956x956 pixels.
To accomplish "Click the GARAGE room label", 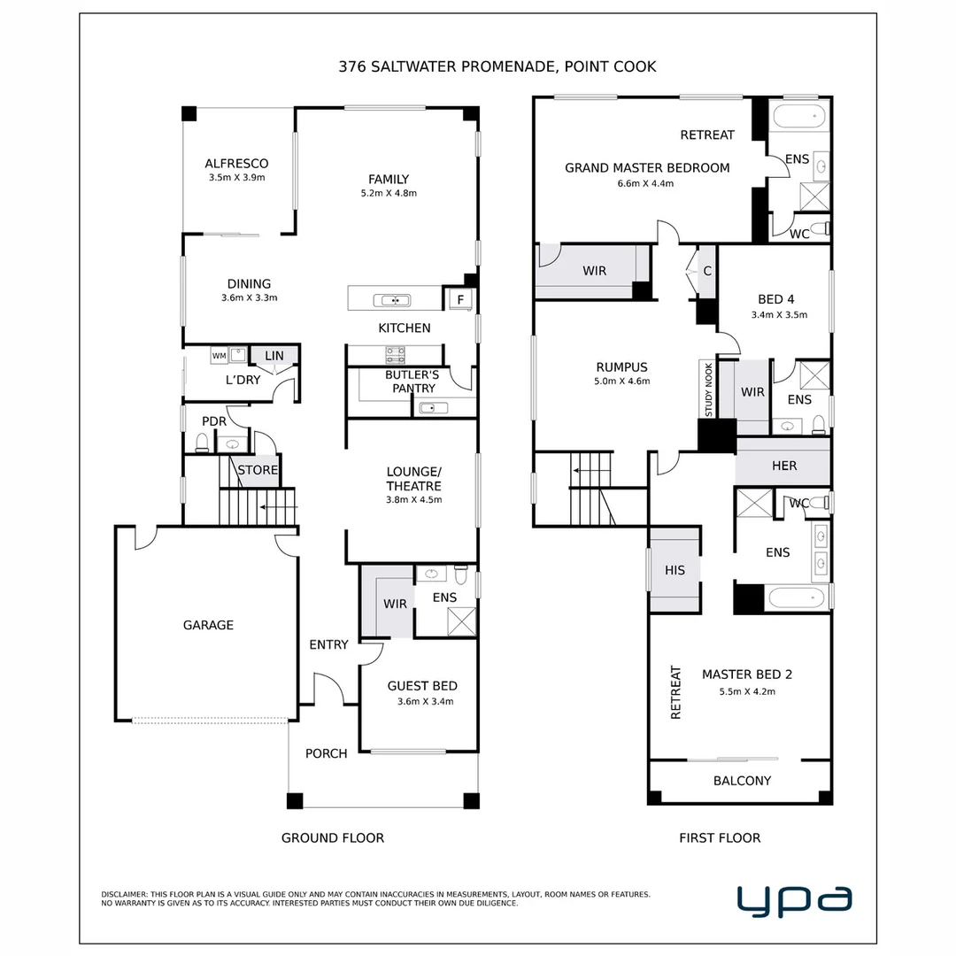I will [208, 625].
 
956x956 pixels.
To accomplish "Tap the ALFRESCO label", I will [236, 164].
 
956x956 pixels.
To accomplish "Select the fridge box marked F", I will [460, 300].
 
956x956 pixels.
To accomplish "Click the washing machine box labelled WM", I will [218, 356].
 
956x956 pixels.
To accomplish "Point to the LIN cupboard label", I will [274, 356].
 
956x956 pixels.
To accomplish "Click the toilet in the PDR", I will [202, 443].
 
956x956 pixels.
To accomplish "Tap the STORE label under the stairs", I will [258, 470].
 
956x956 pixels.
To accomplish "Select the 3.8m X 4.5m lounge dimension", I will [413, 500].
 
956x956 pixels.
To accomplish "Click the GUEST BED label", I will [422, 686].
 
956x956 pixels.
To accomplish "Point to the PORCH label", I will [326, 753].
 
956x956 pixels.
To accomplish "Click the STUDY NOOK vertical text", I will [708, 389].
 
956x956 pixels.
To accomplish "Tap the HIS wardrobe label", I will [675, 571].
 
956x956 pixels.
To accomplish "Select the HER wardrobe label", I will [784, 466].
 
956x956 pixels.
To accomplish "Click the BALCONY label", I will [742, 781].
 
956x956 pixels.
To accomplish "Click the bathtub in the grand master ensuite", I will [798, 117].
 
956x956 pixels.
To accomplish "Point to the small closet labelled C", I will [707, 271].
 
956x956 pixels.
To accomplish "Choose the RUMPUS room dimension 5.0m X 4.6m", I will [621, 382].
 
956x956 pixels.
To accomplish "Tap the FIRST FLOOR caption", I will [720, 837].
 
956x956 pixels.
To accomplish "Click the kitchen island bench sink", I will [391, 300].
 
